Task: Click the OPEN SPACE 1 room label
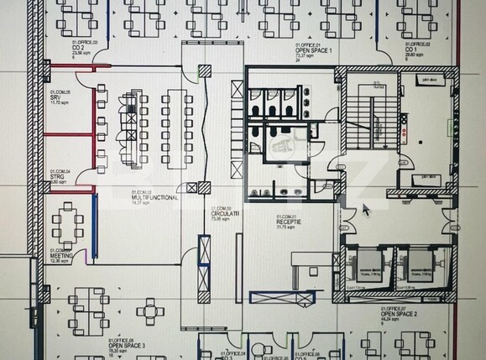pyautogui.click(x=314, y=50)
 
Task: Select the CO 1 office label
pyautogui.click(x=413, y=50)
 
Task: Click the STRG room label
pyautogui.click(x=57, y=177)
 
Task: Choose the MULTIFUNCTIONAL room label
pyautogui.click(x=151, y=197)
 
